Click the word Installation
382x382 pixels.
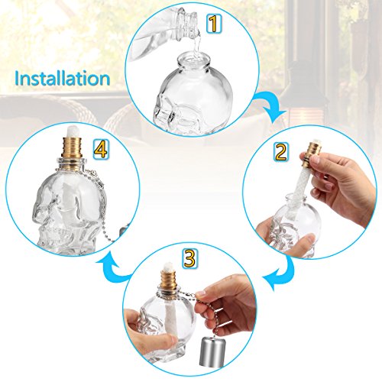click(62, 78)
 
